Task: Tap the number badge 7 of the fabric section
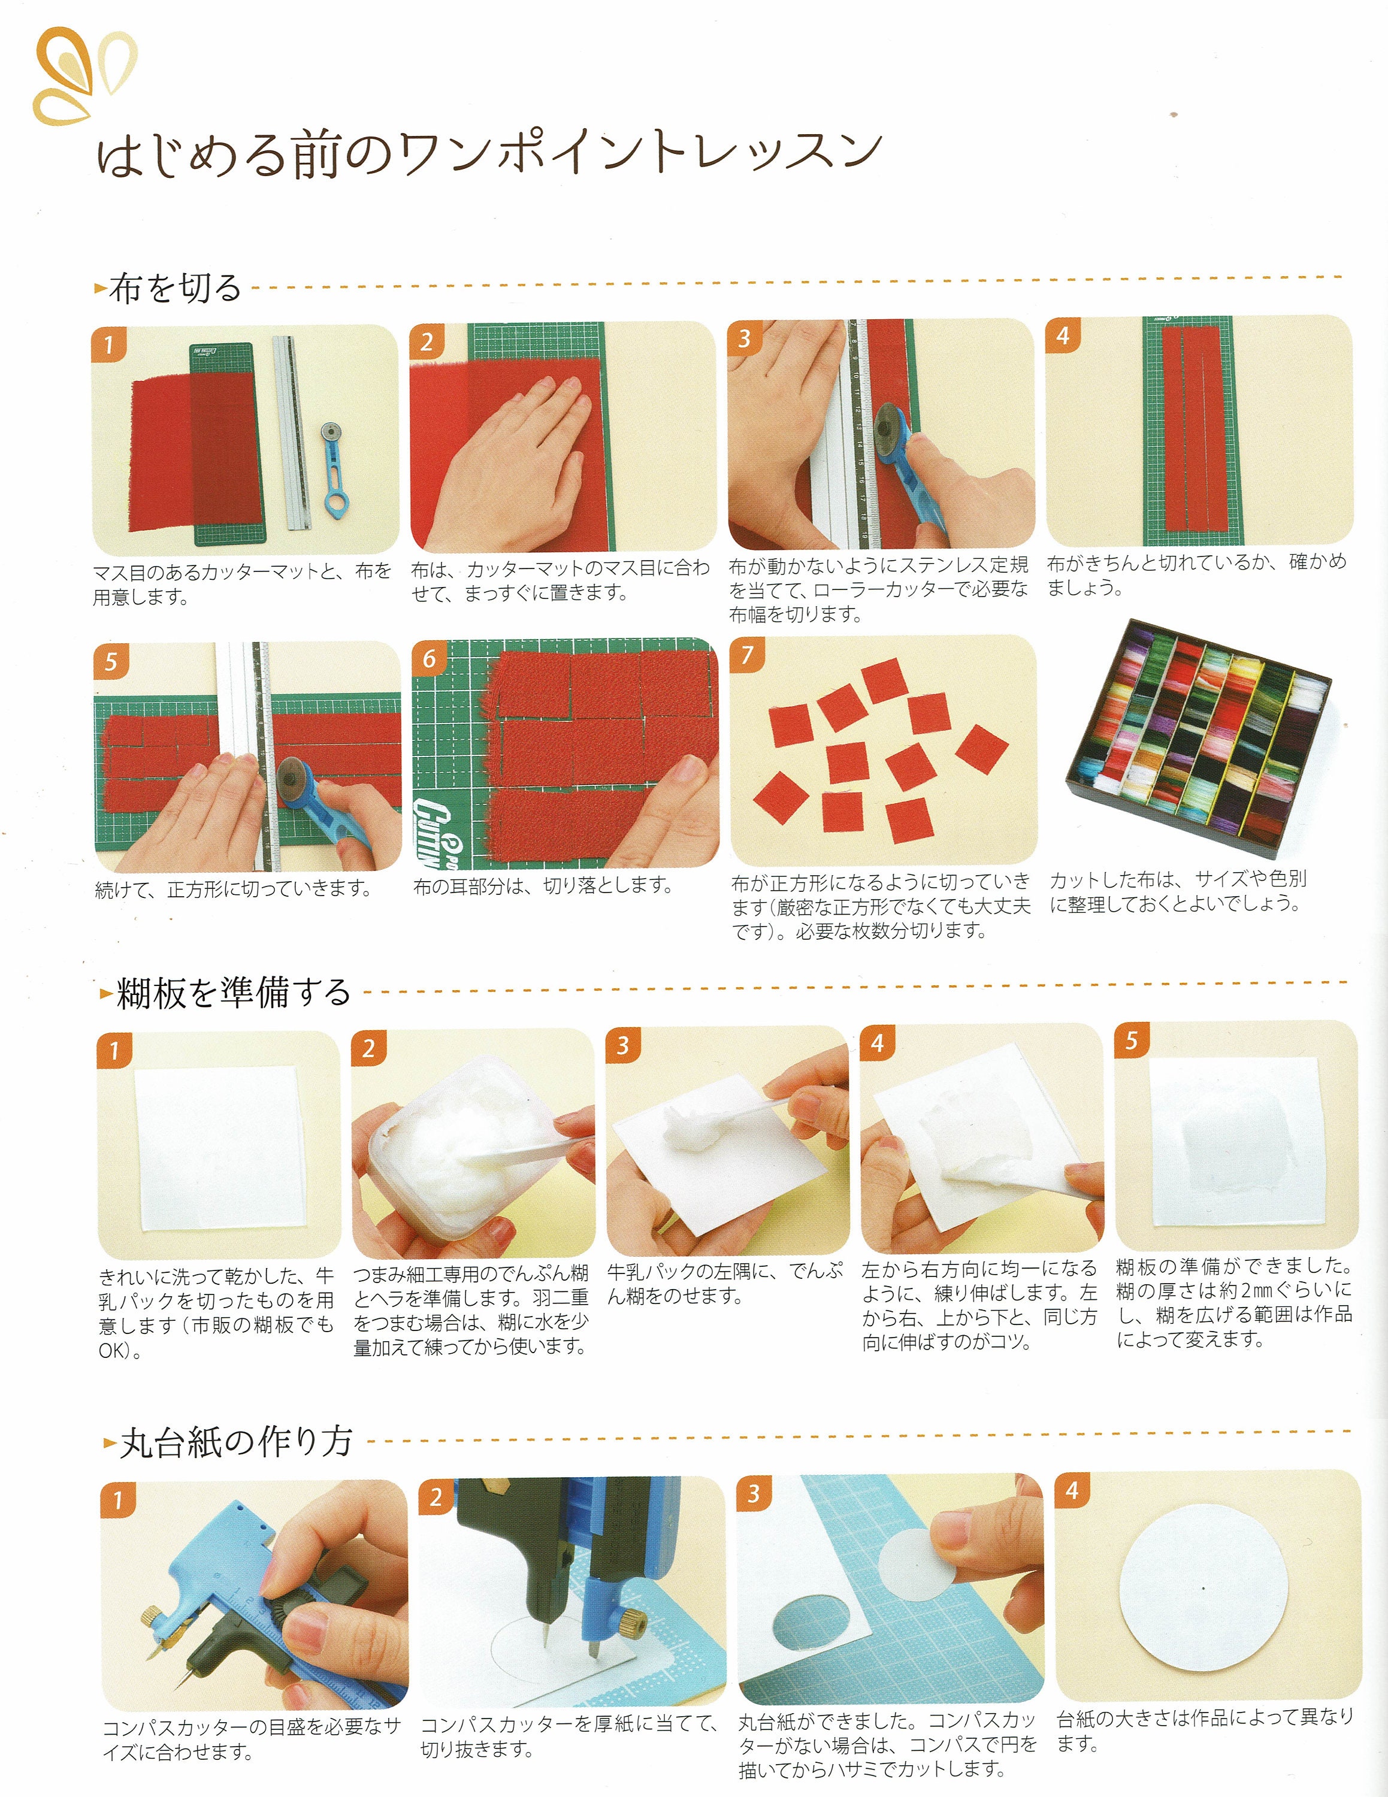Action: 747,655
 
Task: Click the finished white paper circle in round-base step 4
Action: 1203,1588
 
